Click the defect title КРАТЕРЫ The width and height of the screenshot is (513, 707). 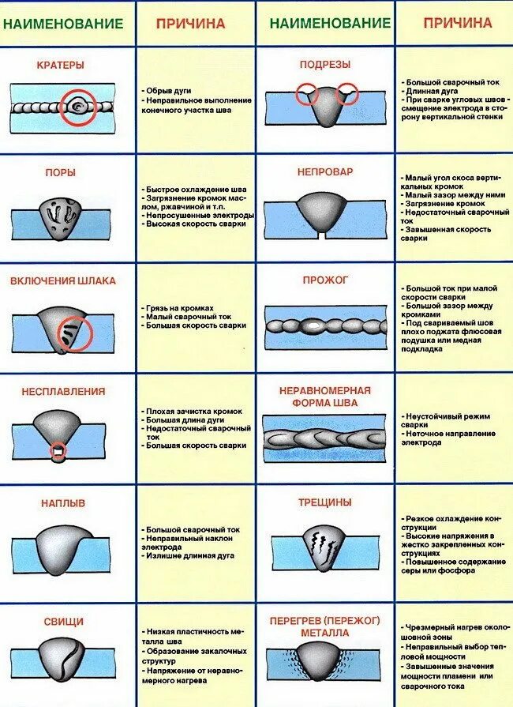tap(60, 65)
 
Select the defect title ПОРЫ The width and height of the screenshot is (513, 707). tap(60, 171)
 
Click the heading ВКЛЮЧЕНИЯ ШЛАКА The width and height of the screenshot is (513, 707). tap(63, 280)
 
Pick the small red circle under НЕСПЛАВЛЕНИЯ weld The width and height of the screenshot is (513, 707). tap(58, 452)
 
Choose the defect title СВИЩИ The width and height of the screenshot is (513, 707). tap(60, 622)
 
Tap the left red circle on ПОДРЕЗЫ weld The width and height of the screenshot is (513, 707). tap(307, 95)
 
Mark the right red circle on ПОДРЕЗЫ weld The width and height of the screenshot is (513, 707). tap(346, 95)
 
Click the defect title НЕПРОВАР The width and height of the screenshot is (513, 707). tap(325, 171)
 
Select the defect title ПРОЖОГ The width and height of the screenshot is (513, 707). tap(325, 280)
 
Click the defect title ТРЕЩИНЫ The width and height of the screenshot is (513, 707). tap(325, 502)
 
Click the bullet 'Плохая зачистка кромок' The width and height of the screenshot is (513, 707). tap(193, 412)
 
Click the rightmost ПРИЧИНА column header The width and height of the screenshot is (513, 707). tap(457, 24)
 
